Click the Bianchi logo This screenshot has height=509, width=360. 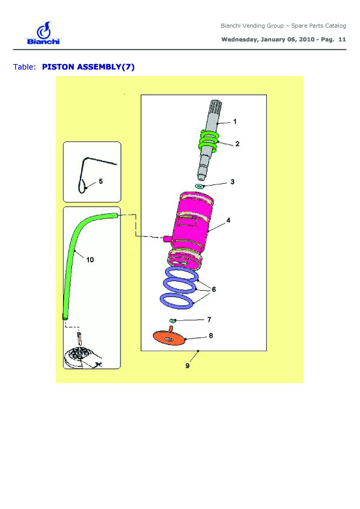click(43, 33)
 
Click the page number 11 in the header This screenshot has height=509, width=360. click(342, 40)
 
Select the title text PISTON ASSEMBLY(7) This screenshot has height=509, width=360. click(88, 67)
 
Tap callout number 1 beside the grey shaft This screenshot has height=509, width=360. click(235, 122)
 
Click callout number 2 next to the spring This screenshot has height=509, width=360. click(237, 144)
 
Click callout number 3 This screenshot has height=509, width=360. click(232, 182)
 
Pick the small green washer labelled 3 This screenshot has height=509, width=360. click(199, 186)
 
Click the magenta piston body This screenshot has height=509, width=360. click(192, 230)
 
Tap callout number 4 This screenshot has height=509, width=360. click(229, 220)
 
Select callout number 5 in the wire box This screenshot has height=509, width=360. click(100, 181)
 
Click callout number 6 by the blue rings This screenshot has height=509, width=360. click(214, 289)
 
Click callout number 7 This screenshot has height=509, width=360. click(209, 320)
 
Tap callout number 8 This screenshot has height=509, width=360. click(211, 336)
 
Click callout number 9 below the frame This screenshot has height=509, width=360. click(188, 366)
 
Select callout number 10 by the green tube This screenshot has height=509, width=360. click(90, 260)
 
